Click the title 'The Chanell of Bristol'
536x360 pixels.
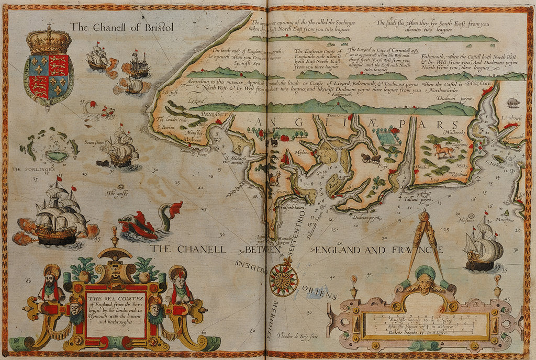point(121,27)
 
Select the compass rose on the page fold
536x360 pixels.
point(283,277)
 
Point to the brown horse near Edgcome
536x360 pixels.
point(443,151)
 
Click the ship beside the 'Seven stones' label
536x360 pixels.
point(121,149)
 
